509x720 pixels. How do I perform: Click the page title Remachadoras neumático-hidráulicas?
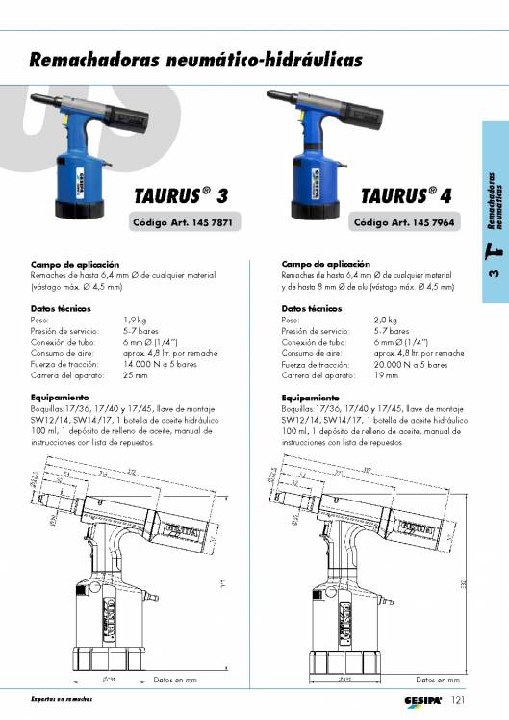pyautogui.click(x=196, y=60)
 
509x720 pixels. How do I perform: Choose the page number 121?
pyautogui.click(x=459, y=699)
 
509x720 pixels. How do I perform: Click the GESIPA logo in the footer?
pyautogui.click(x=422, y=699)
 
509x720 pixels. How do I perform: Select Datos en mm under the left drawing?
pyautogui.click(x=175, y=680)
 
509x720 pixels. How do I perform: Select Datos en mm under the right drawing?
pyautogui.click(x=438, y=680)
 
